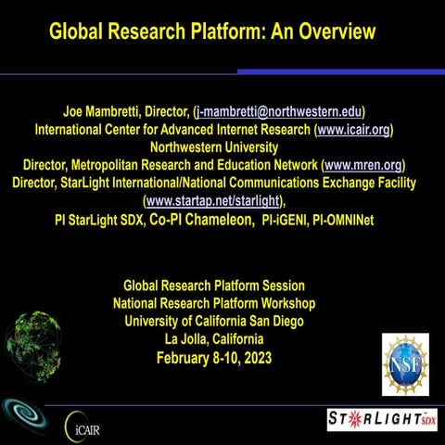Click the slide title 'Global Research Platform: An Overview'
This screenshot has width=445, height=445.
[212, 32]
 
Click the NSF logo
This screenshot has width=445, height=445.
[405, 364]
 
